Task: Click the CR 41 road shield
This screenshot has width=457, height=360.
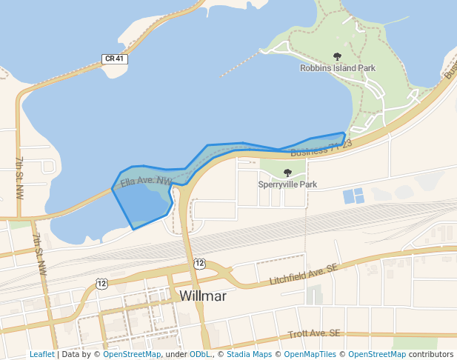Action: tap(113, 59)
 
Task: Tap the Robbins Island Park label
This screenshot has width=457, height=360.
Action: tap(338, 68)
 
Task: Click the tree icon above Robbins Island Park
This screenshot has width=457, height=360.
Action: tap(338, 56)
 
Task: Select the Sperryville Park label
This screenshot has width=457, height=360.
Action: tap(287, 184)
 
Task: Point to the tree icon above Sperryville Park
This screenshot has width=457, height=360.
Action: tap(287, 173)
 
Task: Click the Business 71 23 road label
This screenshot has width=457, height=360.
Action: tap(321, 148)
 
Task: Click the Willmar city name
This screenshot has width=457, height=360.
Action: tap(202, 296)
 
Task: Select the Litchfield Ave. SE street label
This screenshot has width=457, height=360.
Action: tap(304, 274)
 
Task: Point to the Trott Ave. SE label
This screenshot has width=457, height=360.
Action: tap(314, 335)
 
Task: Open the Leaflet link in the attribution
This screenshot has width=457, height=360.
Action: tap(41, 354)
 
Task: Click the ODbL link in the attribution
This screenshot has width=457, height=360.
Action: tap(200, 354)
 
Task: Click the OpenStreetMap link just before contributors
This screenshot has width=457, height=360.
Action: tap(376, 354)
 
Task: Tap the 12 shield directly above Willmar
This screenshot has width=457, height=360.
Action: tap(199, 263)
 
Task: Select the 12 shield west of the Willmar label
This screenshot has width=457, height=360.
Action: tap(101, 283)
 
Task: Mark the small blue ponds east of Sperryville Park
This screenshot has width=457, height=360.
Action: tap(353, 196)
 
